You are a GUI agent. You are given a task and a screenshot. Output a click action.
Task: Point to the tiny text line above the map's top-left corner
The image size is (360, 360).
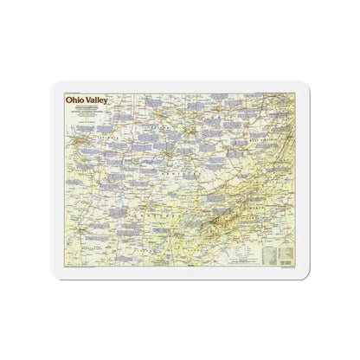click(78, 90)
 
